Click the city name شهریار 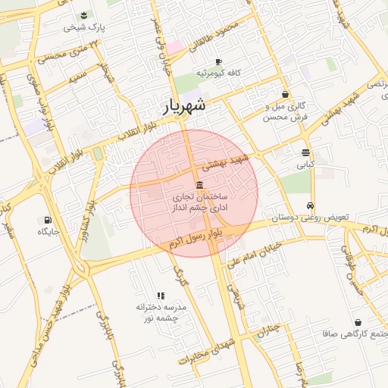pyautogui.click(x=184, y=107)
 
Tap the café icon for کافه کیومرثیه pyautogui.click(x=218, y=61)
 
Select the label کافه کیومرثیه pyautogui.click(x=218, y=73)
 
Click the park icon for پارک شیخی pyautogui.click(x=83, y=15)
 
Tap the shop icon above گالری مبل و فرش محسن pyautogui.click(x=285, y=95)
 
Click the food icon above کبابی pyautogui.click(x=305, y=152)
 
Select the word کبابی pyautogui.click(x=305, y=164)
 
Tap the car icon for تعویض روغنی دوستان pyautogui.click(x=311, y=206)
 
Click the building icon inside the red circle pyautogui.click(x=199, y=186)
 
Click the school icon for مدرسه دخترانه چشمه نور pyautogui.click(x=161, y=296)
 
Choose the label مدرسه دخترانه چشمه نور pyautogui.click(x=161, y=312)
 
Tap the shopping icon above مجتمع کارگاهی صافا pyautogui.click(x=357, y=323)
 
